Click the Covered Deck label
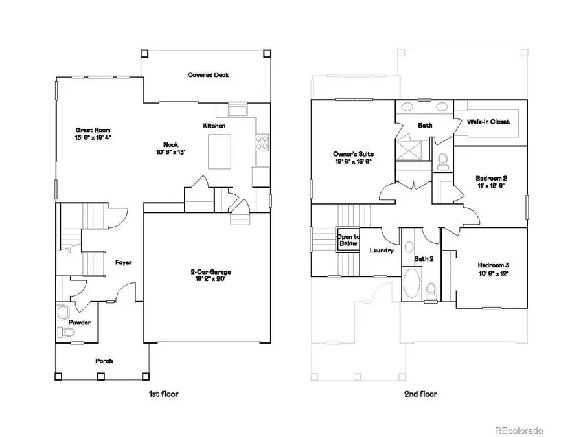click(x=208, y=74)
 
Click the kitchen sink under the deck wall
click(x=236, y=111)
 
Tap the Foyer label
click(x=124, y=262)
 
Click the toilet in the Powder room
click(x=64, y=331)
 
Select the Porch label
click(x=105, y=361)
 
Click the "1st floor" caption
click(x=163, y=393)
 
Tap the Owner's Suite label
click(x=353, y=158)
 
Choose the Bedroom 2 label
click(x=491, y=182)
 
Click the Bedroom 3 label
click(x=494, y=269)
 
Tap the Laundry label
click(x=382, y=251)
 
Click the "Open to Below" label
click(x=347, y=240)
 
